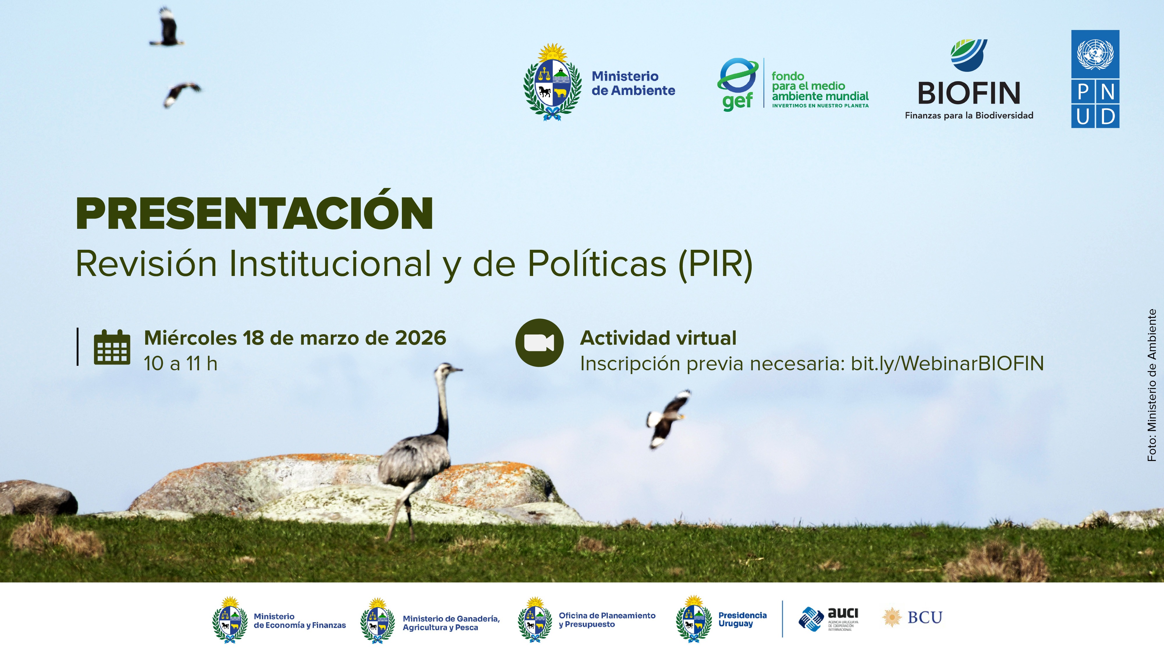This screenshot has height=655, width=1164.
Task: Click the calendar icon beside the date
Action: tap(112, 347)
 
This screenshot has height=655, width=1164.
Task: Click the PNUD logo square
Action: tap(1095, 79)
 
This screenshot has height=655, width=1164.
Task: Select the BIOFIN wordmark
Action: tap(969, 93)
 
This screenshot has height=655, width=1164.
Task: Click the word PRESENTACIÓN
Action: tap(254, 214)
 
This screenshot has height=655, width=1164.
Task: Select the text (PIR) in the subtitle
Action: tap(715, 264)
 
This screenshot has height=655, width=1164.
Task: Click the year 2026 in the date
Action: tap(420, 338)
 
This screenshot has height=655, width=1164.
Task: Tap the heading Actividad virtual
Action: tap(658, 338)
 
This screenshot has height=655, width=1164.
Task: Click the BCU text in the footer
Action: tap(925, 617)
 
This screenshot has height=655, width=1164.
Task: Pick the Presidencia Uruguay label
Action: tap(742, 619)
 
